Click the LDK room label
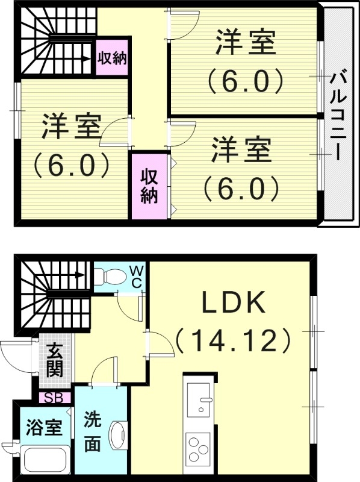(234, 303)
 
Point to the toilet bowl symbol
(111, 277)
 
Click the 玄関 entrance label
(54, 360)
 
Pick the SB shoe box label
(55, 398)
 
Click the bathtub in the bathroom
(46, 461)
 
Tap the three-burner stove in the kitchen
(198, 448)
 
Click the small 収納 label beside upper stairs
(112, 58)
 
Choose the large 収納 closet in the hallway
(149, 186)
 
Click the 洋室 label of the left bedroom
(70, 128)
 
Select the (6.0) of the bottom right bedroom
(241, 188)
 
